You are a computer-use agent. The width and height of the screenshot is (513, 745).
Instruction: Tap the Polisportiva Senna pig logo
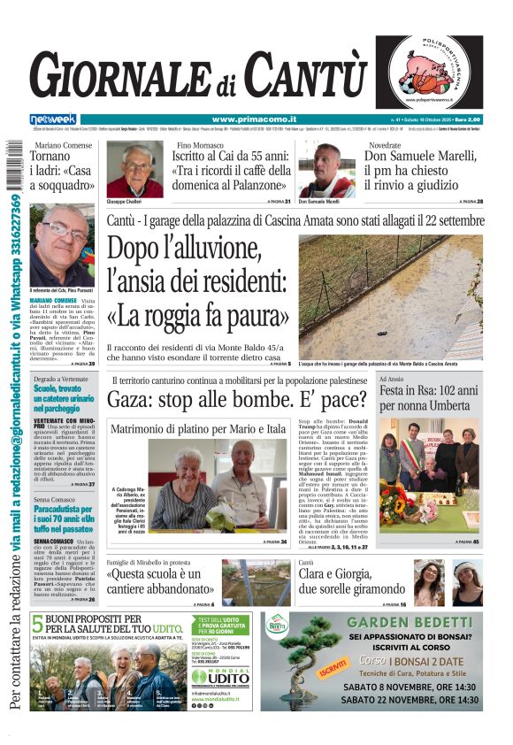[429, 72]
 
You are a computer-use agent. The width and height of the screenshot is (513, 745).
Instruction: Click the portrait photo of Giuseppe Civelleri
[135, 170]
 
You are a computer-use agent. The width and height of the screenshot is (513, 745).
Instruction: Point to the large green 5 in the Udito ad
[37, 622]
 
